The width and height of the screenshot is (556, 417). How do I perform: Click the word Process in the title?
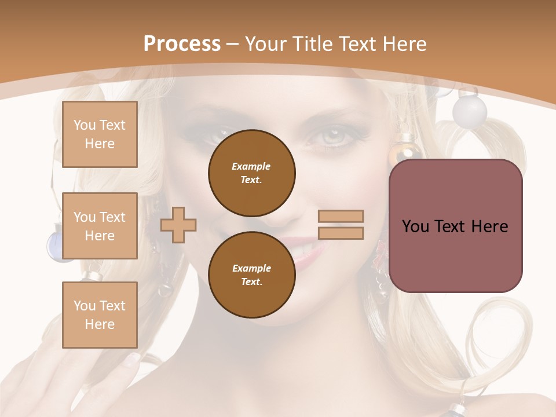pyautogui.click(x=182, y=44)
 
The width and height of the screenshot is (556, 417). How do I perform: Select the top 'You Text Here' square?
pyautogui.click(x=100, y=134)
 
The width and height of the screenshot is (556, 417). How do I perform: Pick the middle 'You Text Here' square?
pyautogui.click(x=100, y=226)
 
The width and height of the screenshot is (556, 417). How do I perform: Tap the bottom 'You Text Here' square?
pyautogui.click(x=100, y=315)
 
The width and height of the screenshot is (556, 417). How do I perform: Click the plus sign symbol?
pyautogui.click(x=178, y=225)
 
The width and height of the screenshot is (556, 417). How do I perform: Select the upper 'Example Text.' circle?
pyautogui.click(x=251, y=173)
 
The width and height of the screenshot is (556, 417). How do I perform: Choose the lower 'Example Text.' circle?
pyautogui.click(x=251, y=275)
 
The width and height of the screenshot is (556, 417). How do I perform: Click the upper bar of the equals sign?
pyautogui.click(x=341, y=216)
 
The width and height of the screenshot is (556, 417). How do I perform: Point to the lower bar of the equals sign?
pyautogui.click(x=341, y=233)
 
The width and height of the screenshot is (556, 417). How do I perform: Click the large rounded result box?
pyautogui.click(x=455, y=226)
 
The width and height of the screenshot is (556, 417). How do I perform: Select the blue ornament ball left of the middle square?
pyautogui.click(x=54, y=246)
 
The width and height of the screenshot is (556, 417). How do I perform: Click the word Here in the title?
pyautogui.click(x=404, y=44)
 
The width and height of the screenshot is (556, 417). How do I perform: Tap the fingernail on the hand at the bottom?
pyautogui.click(x=132, y=358)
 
